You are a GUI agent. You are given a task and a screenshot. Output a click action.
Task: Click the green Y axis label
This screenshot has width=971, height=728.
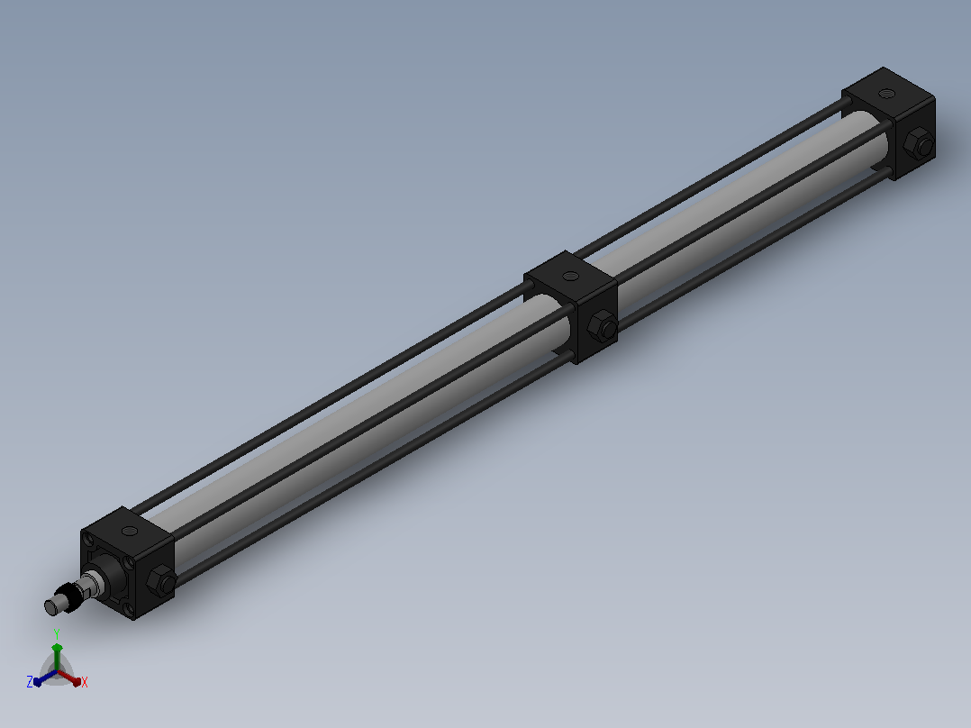[x=57, y=633]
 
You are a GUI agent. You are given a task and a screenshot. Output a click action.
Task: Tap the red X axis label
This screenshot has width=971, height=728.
[x=85, y=682]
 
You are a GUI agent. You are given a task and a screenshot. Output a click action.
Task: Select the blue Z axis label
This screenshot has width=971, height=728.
[x=30, y=681]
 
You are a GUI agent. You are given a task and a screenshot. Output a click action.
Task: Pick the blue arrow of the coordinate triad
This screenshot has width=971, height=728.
[x=45, y=678]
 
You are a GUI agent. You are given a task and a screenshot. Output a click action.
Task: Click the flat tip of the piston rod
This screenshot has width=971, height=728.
[x=50, y=607]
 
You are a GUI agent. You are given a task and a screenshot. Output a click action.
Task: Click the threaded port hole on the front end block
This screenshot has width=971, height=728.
[x=130, y=531]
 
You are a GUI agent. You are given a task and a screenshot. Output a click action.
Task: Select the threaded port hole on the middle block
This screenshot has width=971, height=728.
[x=570, y=276]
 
